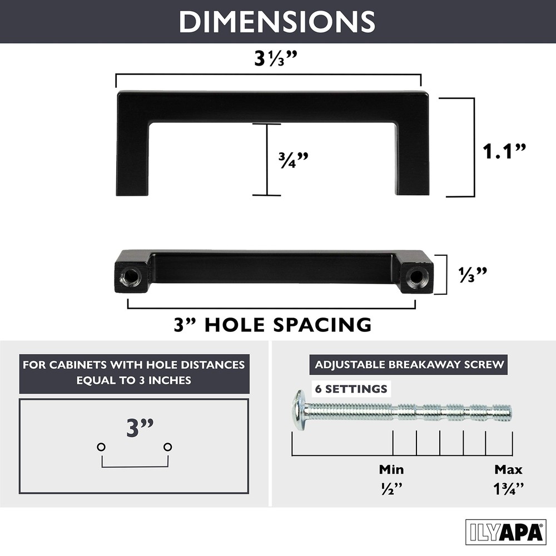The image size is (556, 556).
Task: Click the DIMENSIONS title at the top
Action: click(x=277, y=22)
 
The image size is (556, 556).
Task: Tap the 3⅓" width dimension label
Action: click(x=276, y=58)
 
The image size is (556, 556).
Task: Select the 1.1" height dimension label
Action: click(x=504, y=151)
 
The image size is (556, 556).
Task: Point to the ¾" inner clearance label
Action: click(x=293, y=160)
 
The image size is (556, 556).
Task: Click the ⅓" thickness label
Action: click(x=473, y=275)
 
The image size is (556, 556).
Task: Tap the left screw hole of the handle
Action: click(x=130, y=276)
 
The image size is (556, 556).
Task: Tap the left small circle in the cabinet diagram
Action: click(x=101, y=447)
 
